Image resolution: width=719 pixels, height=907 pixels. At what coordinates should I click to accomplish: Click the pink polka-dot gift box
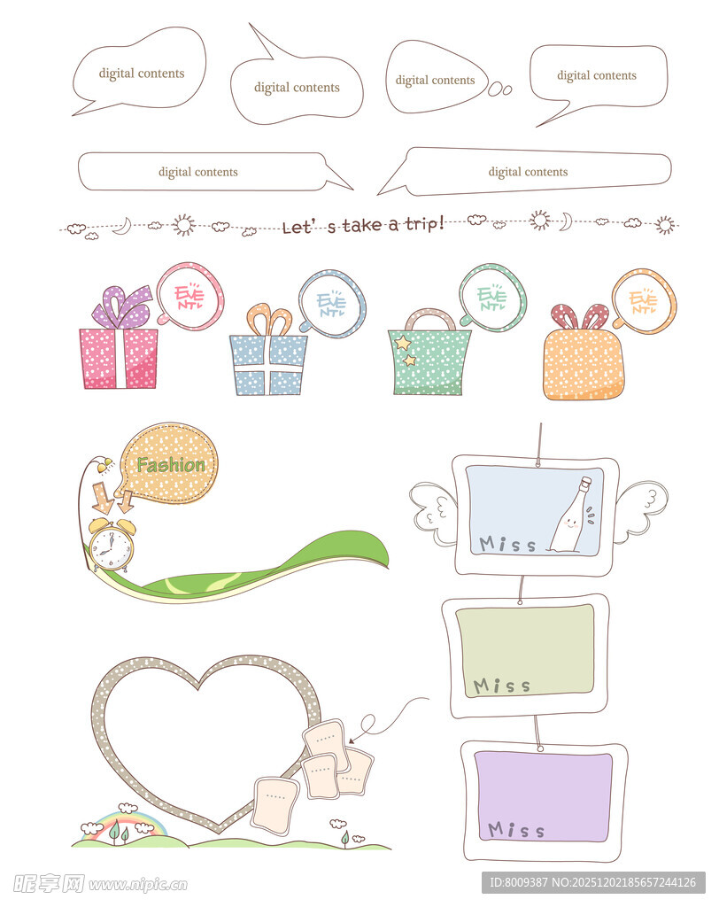coord(118,358)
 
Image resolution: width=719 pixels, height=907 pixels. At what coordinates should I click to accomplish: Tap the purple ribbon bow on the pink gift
coord(122,306)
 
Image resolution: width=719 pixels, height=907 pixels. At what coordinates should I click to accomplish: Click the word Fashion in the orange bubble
coord(171,464)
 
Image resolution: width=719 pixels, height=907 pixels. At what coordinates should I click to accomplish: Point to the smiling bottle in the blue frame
coord(570,516)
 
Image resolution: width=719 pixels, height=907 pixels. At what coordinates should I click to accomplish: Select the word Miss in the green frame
coord(501,686)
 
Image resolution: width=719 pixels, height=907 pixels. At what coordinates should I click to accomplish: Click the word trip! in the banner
coord(424,223)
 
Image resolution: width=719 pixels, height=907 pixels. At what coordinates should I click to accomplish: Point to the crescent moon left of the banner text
coord(122,226)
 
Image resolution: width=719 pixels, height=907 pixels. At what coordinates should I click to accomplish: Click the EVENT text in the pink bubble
coord(189,296)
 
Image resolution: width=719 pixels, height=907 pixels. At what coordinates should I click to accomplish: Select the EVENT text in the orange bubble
coord(643,300)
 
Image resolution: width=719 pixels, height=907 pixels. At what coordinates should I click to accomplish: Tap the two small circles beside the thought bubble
coord(499,89)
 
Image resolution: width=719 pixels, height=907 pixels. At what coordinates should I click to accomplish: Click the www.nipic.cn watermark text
coord(138,885)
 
